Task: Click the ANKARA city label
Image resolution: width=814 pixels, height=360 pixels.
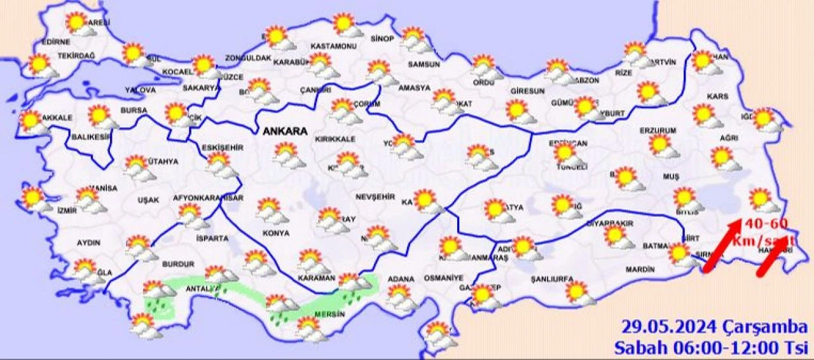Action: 285,132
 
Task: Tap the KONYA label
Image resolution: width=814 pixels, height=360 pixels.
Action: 275,233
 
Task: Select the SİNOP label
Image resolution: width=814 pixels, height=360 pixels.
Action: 382,39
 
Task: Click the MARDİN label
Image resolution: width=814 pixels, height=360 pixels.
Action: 640,270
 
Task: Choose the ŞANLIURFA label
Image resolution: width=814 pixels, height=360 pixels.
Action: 553,279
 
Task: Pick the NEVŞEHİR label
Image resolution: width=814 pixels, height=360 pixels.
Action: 372,196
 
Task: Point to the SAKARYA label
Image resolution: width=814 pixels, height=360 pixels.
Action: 201,88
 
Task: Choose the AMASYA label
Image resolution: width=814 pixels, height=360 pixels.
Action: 414,88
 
